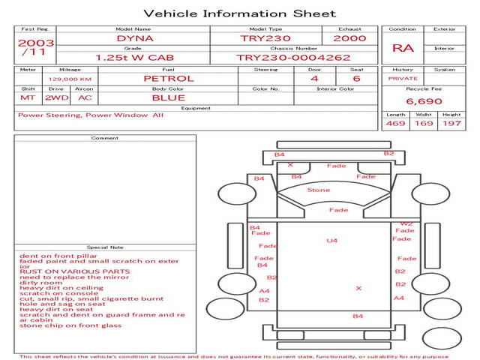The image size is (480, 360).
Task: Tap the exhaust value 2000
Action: (349, 38)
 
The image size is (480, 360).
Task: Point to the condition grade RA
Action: (403, 48)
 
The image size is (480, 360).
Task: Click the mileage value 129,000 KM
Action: (70, 78)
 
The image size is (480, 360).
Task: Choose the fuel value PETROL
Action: (168, 78)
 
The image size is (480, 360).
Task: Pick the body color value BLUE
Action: (168, 97)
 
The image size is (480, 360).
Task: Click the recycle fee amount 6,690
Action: (424, 101)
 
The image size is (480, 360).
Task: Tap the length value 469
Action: (395, 124)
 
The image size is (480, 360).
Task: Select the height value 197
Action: (451, 124)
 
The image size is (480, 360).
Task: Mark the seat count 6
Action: (356, 78)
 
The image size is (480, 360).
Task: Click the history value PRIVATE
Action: (403, 78)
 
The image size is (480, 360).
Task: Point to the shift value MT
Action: (28, 97)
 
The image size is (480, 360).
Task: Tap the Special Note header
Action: (104, 247)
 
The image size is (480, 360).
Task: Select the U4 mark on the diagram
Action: (332, 240)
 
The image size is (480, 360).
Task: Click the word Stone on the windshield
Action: (318, 190)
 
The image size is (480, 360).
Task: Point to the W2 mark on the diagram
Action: (406, 223)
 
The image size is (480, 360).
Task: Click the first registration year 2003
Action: (35, 43)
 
